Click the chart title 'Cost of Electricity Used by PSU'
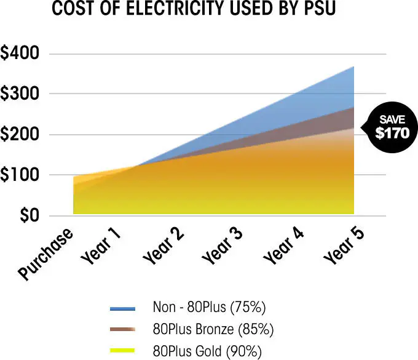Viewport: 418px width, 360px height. pos(194,10)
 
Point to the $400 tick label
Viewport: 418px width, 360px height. pos(20,54)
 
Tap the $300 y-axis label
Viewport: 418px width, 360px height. pos(20,94)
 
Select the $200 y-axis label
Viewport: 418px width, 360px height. pos(20,135)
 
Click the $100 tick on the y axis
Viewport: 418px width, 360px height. pos(20,175)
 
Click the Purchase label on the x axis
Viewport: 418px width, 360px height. pos(45,253)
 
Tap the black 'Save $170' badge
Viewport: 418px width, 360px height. pos(388,126)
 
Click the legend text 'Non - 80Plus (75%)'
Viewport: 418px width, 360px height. pos(209,306)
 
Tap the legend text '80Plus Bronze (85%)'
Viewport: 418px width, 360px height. pos(213,329)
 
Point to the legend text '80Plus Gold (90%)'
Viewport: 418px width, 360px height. pos(207,352)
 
